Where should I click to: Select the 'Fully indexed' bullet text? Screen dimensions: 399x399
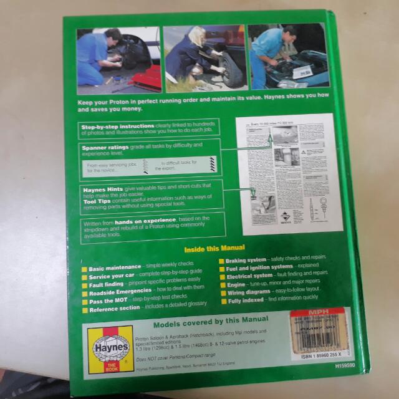(x=243, y=299)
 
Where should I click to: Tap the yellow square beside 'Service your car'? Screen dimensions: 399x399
(x=85, y=277)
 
